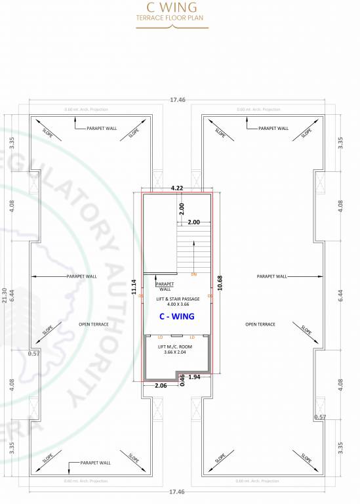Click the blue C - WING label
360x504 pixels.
tap(177, 316)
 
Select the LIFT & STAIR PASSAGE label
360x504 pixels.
tap(178, 299)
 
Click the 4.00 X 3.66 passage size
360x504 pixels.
tap(178, 304)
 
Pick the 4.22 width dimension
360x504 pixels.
tap(177, 188)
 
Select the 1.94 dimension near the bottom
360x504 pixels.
tap(194, 377)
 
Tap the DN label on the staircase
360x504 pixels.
tap(194, 274)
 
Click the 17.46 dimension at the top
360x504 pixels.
tap(177, 100)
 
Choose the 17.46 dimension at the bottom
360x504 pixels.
tap(177, 492)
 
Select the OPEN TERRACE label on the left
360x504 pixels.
tap(94, 324)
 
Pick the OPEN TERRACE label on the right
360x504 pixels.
tap(260, 324)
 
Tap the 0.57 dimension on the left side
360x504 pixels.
tap(33, 354)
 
